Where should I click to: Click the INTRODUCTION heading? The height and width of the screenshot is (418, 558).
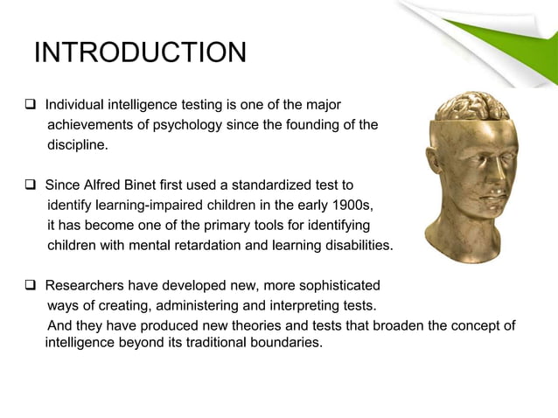140,53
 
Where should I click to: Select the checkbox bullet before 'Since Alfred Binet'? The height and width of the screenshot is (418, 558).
29,185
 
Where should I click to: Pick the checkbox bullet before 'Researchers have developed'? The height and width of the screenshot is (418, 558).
29,285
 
